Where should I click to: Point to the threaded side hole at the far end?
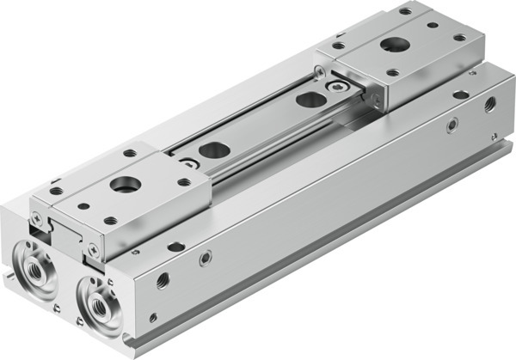pyautogui.click(x=489, y=104)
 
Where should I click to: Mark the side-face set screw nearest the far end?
pyautogui.click(x=451, y=126)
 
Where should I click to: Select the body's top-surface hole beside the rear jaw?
pyautogui.click(x=461, y=94)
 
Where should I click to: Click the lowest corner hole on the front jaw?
pyautogui.click(x=111, y=220)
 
